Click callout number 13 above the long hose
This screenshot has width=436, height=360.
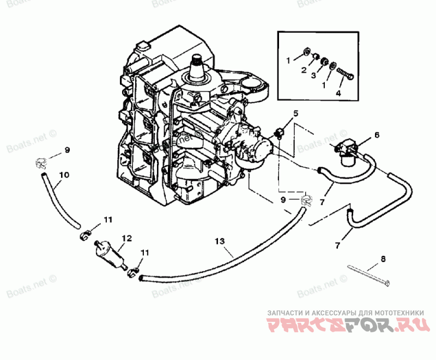click(220, 240)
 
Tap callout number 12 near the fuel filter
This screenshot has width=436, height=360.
click(126, 238)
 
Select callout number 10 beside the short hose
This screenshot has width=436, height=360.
click(64, 175)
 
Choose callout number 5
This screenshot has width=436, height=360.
click(296, 113)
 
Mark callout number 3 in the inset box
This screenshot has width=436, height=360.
click(313, 76)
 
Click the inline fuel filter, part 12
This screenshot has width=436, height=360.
click(112, 255)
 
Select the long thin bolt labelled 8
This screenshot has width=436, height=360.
click(371, 275)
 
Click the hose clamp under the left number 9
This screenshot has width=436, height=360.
click(39, 162)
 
